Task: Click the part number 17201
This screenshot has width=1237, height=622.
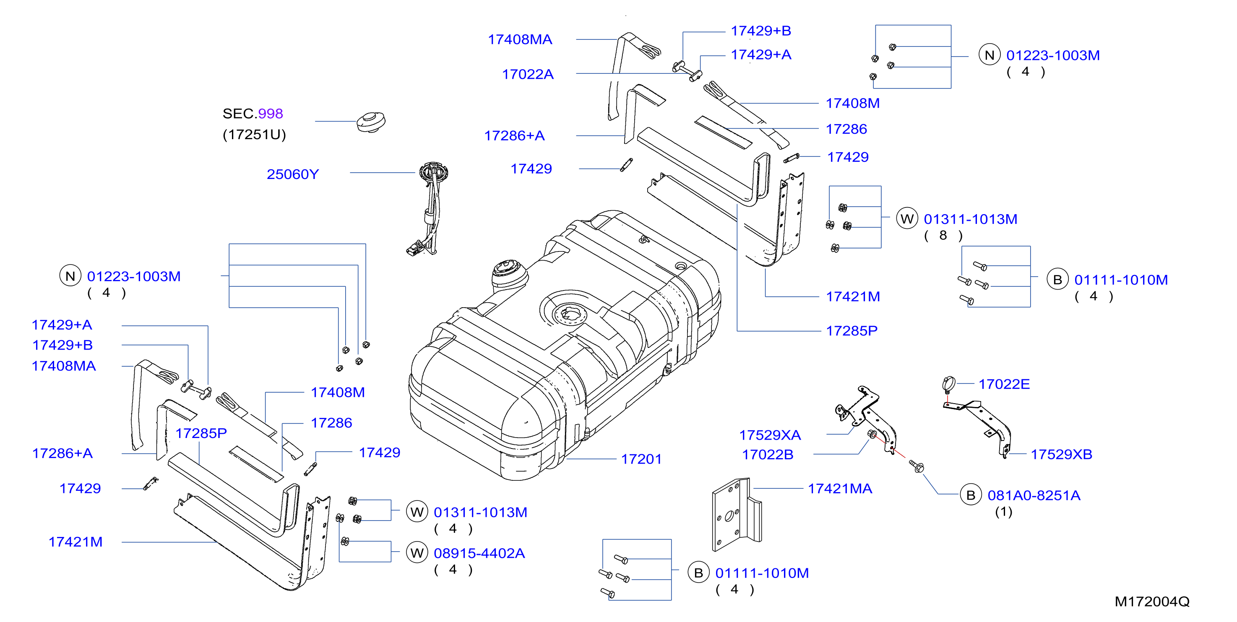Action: [x=641, y=459]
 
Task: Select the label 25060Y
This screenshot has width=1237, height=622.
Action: [x=292, y=174]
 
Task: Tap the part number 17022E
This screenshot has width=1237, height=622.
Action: [x=1004, y=384]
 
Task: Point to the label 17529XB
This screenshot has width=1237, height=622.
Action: [x=1061, y=454]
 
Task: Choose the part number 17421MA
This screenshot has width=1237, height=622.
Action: [x=840, y=489]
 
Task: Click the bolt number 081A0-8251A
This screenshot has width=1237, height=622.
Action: [x=1034, y=495]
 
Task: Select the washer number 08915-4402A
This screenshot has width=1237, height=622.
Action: [x=479, y=553]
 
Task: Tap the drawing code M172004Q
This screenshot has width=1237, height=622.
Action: [x=1152, y=601]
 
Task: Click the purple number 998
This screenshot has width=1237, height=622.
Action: [x=271, y=114]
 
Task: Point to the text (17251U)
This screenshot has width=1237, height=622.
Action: [x=254, y=135]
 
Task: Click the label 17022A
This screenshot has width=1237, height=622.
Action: [x=528, y=74]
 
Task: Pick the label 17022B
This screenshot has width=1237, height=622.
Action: [x=767, y=454]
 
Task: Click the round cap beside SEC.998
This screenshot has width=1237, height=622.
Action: [x=371, y=122]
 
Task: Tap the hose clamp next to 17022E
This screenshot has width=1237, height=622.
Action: [x=948, y=384]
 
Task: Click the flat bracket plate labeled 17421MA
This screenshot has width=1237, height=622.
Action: [x=736, y=514]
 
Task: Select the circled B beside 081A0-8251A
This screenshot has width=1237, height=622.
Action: [x=971, y=495]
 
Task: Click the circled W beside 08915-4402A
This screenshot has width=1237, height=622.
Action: [x=417, y=553]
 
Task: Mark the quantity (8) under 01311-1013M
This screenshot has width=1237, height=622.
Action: [x=943, y=236]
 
